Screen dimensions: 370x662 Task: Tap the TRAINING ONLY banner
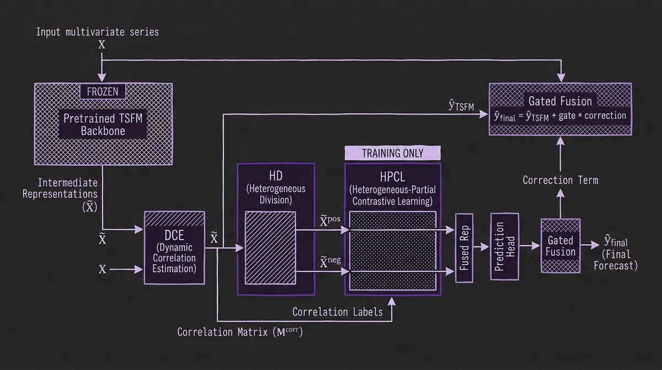point(392,153)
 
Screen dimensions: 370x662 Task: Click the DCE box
point(174,247)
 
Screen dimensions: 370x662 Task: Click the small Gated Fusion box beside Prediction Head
point(560,246)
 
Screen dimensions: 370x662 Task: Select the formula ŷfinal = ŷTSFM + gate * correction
point(560,116)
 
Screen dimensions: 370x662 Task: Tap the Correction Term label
point(560,180)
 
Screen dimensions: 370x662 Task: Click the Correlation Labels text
point(337,312)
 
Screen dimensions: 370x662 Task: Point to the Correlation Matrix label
point(240,332)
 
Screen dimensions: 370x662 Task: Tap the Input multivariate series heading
point(97,31)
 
